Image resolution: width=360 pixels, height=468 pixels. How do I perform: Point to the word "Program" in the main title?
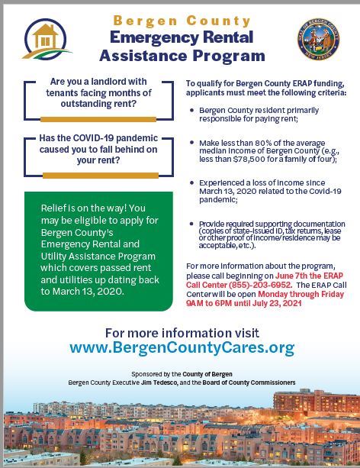point(230,55)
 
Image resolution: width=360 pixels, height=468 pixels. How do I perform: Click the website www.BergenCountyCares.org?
point(182,348)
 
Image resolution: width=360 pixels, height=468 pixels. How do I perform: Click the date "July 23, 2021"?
point(279,303)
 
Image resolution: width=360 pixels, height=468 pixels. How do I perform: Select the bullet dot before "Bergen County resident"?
point(191,110)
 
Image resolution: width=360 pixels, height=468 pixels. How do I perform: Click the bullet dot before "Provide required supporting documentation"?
point(191,223)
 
